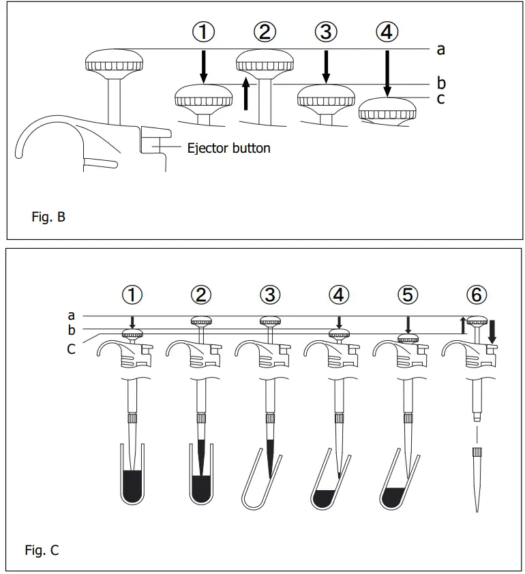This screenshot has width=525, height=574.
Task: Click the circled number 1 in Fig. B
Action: [x=203, y=32]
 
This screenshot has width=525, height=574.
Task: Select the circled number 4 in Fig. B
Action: [x=387, y=32]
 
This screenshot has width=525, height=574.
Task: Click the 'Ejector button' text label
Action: [x=228, y=147]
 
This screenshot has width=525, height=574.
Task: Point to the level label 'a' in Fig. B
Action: [x=440, y=49]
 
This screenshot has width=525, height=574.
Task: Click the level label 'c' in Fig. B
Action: [x=440, y=99]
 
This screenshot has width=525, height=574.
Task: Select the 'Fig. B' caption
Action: [x=48, y=218]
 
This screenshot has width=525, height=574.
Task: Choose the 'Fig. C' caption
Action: [x=42, y=550]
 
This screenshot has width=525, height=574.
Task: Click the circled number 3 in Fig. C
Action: [x=271, y=294]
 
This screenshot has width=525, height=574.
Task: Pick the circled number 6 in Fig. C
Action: [x=477, y=294]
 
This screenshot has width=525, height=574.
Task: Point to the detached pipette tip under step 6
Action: [x=477, y=477]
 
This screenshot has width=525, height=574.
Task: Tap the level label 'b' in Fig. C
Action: [x=72, y=331]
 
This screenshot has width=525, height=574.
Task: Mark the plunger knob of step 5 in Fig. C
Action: [x=408, y=339]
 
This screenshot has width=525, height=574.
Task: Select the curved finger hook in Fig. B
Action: [x=34, y=136]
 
